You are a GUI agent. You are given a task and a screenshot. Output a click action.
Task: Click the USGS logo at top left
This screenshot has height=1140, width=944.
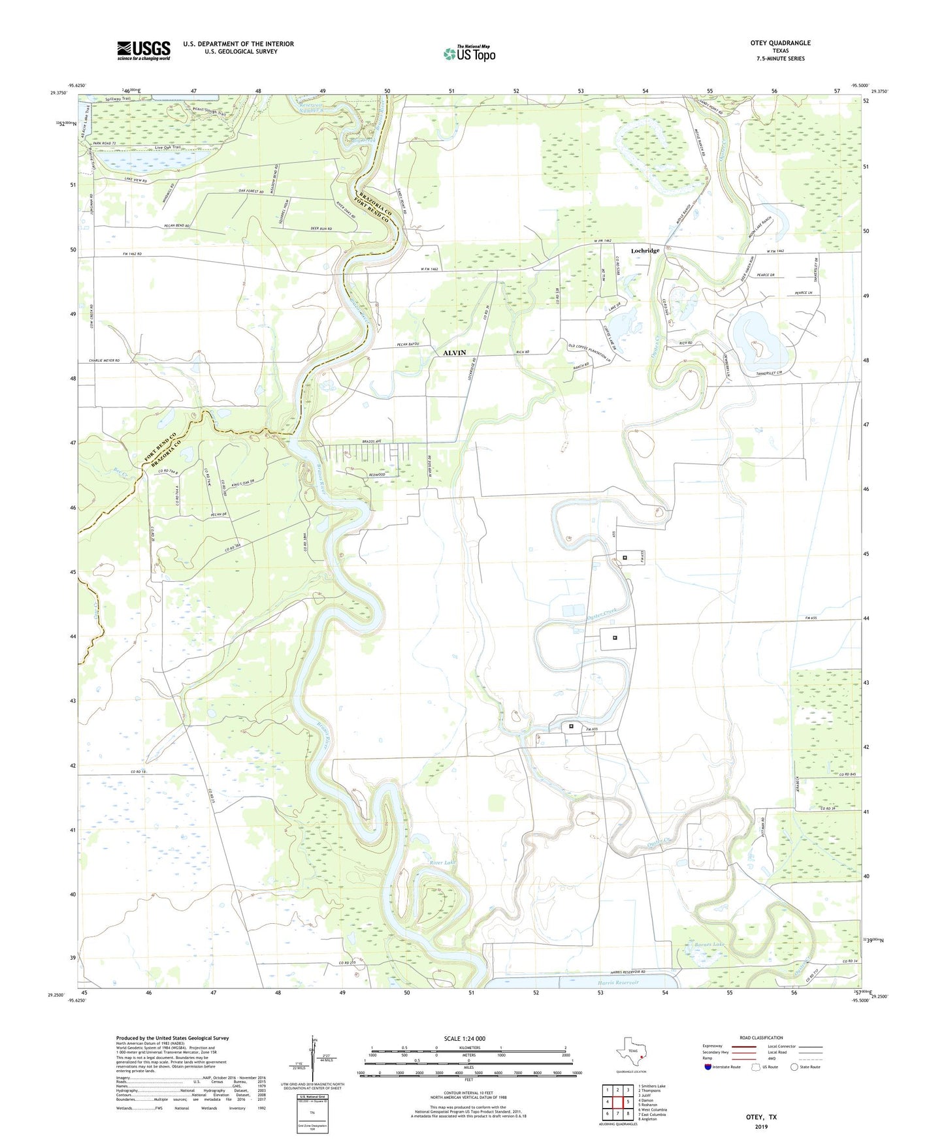click(144, 50)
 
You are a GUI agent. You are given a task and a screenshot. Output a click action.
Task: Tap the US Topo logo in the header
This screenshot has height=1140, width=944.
click(469, 54)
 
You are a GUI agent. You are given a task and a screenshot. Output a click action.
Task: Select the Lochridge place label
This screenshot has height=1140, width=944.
click(645, 251)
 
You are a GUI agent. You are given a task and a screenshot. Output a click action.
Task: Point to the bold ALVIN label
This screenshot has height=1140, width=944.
click(455, 353)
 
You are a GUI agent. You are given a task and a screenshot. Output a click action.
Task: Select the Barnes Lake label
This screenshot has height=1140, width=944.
click(709, 945)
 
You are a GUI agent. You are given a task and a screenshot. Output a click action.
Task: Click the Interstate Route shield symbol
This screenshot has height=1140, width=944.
click(708, 1067)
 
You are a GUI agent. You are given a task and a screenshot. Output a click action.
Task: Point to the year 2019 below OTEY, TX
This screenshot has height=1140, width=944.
click(761, 1126)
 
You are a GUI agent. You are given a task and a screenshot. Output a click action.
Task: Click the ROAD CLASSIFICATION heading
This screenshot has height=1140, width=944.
click(761, 1037)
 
